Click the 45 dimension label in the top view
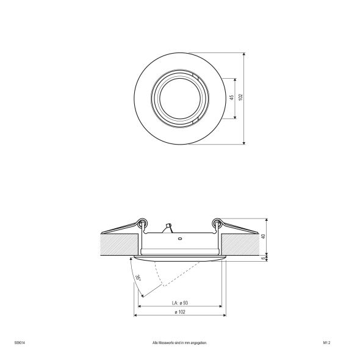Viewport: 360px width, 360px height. (x=232, y=98)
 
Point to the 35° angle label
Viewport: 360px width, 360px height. (x=138, y=278)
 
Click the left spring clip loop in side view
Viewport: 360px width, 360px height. (x=142, y=221)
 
